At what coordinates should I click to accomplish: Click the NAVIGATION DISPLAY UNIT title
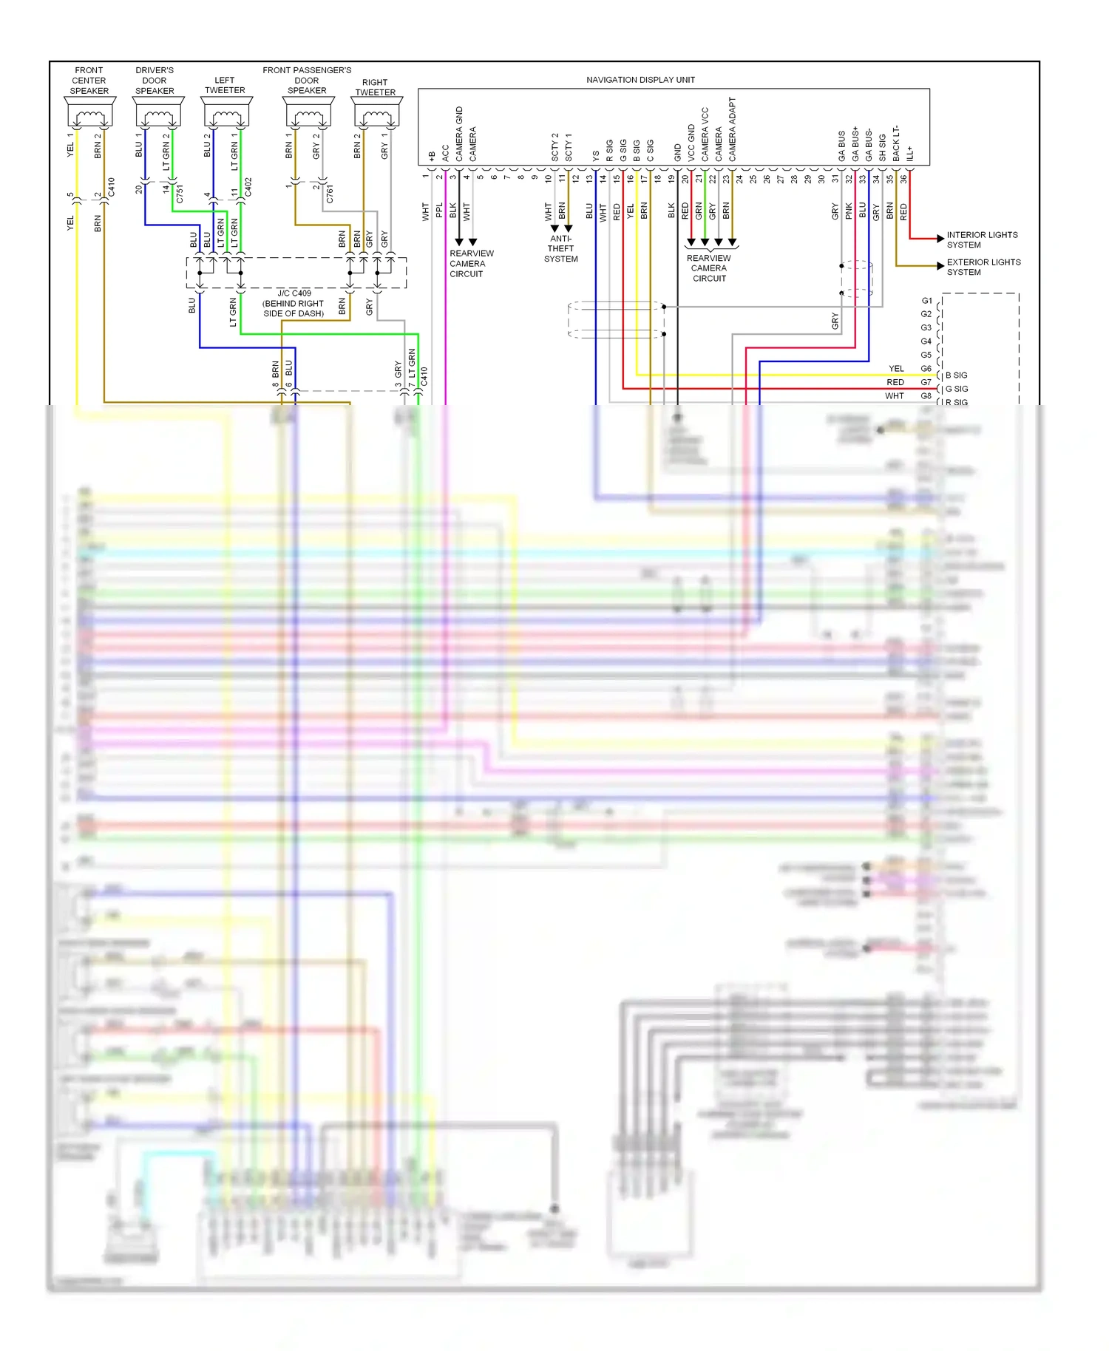tap(640, 80)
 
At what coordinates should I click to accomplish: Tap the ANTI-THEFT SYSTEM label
tap(561, 249)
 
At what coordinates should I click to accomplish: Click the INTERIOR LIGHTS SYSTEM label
tap(982, 239)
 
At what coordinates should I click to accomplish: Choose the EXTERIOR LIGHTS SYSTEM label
tap(983, 267)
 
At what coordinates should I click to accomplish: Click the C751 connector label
tap(180, 194)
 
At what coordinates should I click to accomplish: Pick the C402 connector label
tap(248, 187)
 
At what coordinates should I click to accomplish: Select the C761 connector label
tap(330, 194)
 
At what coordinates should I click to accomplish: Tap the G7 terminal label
tap(926, 382)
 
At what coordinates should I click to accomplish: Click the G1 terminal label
tap(926, 301)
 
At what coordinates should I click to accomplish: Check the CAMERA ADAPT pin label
tap(733, 129)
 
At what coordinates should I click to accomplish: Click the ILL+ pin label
tap(910, 153)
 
